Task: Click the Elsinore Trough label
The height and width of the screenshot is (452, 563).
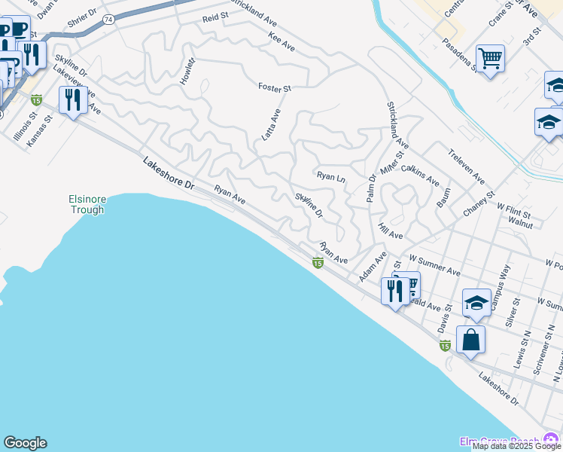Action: coord(88,204)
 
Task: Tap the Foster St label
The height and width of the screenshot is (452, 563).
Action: coord(275,88)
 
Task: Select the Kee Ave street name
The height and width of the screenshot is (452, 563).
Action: coord(281,41)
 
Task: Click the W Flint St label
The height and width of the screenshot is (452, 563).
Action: coord(513,210)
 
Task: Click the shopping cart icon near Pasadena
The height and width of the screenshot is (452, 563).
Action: coord(490,56)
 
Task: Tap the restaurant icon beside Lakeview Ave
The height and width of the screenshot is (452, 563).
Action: coord(72,99)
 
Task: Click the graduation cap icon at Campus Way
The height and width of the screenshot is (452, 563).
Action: coord(476,302)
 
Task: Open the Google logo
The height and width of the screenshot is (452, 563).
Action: coord(25,443)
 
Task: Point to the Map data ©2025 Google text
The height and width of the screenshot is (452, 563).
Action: coord(516,446)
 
